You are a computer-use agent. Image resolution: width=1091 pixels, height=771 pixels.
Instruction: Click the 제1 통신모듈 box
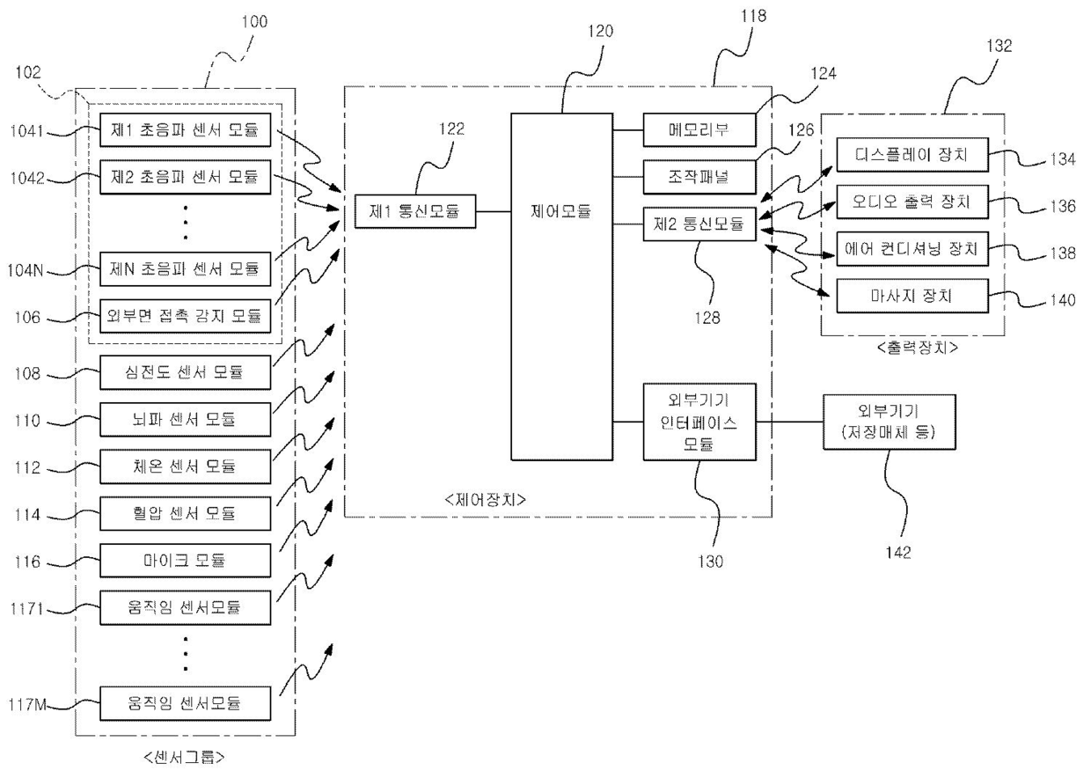pyautogui.click(x=415, y=211)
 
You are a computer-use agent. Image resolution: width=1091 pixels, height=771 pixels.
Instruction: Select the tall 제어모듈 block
pyautogui.click(x=561, y=287)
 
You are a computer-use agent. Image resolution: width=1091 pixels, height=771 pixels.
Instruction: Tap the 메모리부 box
pyautogui.click(x=699, y=130)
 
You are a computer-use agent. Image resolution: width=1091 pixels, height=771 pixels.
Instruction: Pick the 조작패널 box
pyautogui.click(x=699, y=177)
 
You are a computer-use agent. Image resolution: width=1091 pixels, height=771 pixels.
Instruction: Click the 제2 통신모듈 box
pyautogui.click(x=699, y=224)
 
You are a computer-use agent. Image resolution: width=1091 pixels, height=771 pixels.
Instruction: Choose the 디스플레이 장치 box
pyautogui.click(x=912, y=155)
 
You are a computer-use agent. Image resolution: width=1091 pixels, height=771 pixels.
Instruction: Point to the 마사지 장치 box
pyautogui.click(x=912, y=296)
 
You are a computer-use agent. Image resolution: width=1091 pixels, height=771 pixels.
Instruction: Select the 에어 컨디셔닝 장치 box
pyautogui.click(x=912, y=249)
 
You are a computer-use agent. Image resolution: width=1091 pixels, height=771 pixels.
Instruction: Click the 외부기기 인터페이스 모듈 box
pyautogui.click(x=699, y=422)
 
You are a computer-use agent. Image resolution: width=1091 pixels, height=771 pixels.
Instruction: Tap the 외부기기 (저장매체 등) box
pyautogui.click(x=890, y=422)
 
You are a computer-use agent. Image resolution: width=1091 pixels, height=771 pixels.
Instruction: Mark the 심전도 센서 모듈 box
pyautogui.click(x=185, y=372)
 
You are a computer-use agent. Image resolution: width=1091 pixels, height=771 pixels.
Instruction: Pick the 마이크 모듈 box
pyautogui.click(x=185, y=561)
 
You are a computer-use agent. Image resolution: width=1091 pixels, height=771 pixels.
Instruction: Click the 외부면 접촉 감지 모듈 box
pyautogui.click(x=185, y=316)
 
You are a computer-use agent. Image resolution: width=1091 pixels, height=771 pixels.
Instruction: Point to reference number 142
pyautogui.click(x=897, y=552)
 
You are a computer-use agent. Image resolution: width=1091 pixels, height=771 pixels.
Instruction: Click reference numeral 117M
pyautogui.click(x=27, y=704)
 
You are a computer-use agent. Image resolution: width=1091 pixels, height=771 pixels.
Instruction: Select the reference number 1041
pyautogui.click(x=27, y=130)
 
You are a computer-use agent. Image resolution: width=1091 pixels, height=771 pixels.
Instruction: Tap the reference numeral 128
pyautogui.click(x=707, y=318)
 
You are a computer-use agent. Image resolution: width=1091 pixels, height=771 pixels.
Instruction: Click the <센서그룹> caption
pyautogui.click(x=185, y=757)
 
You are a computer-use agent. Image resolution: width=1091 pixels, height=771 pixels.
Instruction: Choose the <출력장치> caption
pyautogui.click(x=917, y=348)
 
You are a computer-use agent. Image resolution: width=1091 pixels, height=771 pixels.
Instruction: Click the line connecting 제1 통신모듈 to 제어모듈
pyautogui.click(x=494, y=211)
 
